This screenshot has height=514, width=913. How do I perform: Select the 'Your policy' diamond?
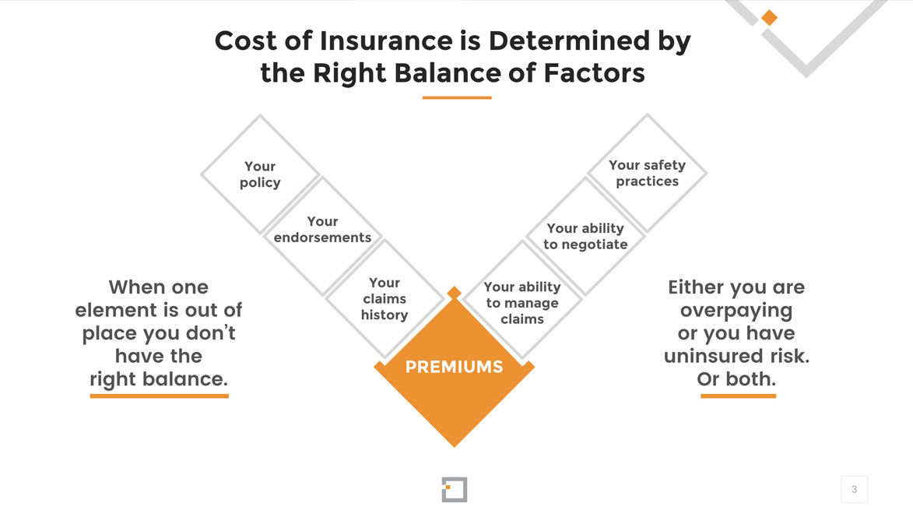[260, 174]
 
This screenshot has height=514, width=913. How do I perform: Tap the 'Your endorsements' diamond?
[322, 236]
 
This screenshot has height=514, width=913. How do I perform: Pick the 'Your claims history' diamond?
[385, 298]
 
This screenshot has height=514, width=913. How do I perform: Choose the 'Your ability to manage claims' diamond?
[522, 300]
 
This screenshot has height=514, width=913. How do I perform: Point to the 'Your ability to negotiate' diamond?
[585, 236]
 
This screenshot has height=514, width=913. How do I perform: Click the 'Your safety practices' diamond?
[647, 173]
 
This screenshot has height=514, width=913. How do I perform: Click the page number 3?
[854, 490]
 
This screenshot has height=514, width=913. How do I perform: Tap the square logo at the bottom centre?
[455, 490]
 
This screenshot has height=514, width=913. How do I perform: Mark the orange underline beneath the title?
[457, 98]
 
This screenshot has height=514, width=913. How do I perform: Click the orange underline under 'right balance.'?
[160, 396]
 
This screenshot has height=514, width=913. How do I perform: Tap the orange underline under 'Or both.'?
[739, 396]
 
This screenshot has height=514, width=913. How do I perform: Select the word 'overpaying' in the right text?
[736, 311]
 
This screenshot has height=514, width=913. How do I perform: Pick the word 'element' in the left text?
[113, 310]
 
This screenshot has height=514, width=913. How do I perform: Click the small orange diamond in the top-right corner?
[769, 18]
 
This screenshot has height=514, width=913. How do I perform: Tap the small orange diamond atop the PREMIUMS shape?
[455, 293]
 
